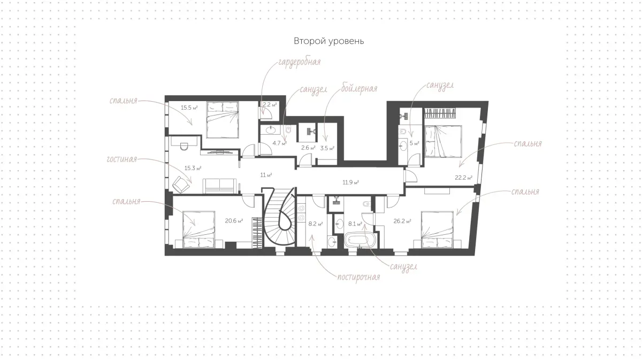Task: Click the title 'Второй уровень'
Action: pos(328,41)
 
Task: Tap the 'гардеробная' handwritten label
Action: pos(300,62)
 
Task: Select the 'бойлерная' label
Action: pos(359,89)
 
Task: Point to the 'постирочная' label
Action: pos(358,277)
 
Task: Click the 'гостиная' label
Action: pos(122,159)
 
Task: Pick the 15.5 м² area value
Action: pos(189,108)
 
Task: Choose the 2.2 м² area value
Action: pos(270,105)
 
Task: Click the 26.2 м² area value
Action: pos(402,221)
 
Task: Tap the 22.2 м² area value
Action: pos(463,178)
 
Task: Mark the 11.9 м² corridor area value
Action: pos(351,182)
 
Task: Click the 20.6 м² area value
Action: pos(234,221)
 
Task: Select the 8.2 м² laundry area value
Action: pos(316,224)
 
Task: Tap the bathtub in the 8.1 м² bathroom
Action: pos(360,241)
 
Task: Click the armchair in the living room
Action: pos(181,185)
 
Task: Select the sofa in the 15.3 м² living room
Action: pos(220,186)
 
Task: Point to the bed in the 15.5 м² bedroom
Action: pos(223,120)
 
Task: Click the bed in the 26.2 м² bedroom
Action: pos(437,229)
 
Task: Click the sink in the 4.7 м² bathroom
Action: pos(270,130)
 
